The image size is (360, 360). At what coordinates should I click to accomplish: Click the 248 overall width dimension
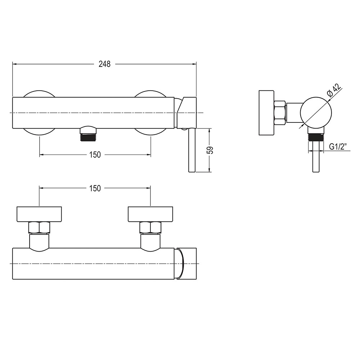[104, 64]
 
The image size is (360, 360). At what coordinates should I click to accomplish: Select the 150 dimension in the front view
[95, 155]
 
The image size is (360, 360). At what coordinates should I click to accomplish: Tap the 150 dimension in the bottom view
[95, 188]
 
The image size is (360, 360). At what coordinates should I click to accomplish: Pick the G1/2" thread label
[338, 147]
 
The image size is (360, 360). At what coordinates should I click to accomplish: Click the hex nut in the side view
[280, 112]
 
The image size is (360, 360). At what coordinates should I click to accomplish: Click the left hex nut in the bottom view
[39, 228]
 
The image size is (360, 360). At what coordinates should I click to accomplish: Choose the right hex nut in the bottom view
[150, 228]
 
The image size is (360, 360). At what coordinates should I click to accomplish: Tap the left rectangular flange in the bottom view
[39, 214]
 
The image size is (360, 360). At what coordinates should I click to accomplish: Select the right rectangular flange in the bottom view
[150, 214]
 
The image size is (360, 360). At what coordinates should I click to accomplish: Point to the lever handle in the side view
[316, 158]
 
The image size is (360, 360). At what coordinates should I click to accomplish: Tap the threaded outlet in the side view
[316, 137]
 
